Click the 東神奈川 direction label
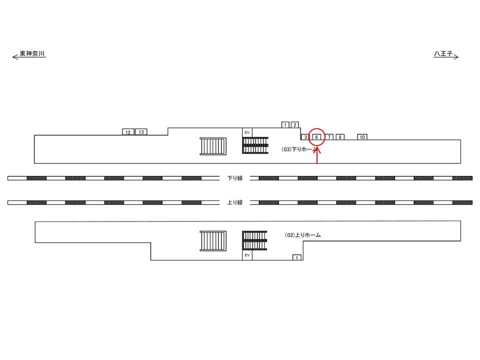click(32, 53)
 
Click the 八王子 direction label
click(443, 53)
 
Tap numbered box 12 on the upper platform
click(128, 132)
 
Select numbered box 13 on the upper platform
click(141, 131)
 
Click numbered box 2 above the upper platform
click(295, 124)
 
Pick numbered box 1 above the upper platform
click(285, 124)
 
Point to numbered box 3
click(305, 137)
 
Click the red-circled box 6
click(316, 137)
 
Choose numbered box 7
click(329, 137)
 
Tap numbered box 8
click(340, 137)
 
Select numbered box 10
click(362, 137)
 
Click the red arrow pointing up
click(317, 155)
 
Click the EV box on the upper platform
click(247, 132)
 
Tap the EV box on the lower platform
click(247, 255)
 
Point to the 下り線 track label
click(235, 178)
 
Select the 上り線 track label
click(235, 202)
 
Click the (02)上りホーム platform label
click(303, 235)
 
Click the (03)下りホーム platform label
click(299, 149)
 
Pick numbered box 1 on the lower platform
click(296, 257)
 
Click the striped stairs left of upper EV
click(213, 146)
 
